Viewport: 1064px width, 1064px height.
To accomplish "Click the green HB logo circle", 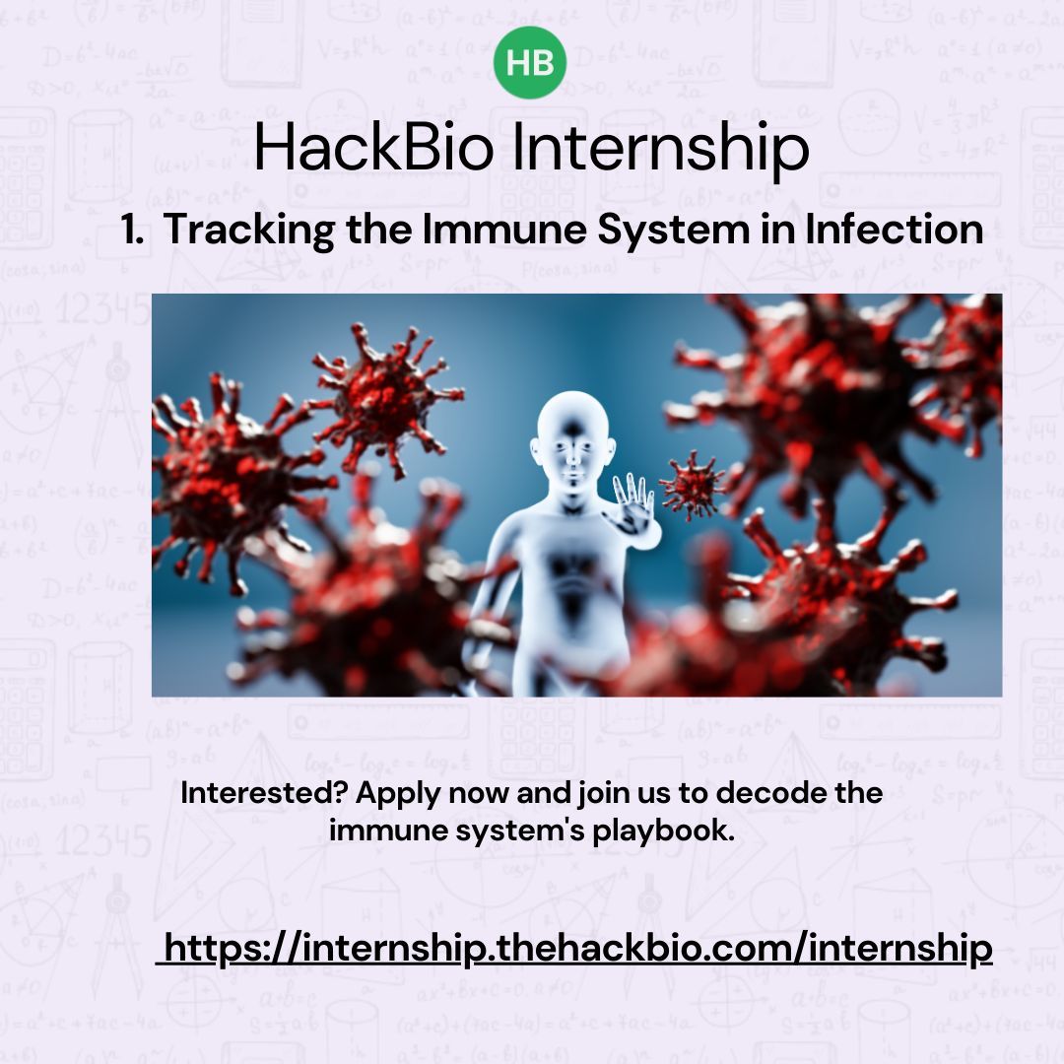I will coord(530,63).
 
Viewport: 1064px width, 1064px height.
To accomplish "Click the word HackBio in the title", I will coord(376,149).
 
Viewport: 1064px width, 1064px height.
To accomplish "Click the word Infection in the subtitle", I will coord(894,231).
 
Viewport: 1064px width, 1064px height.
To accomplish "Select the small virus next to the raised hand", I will coord(692,484).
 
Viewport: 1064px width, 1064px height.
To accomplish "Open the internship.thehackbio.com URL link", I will coord(576,949).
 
